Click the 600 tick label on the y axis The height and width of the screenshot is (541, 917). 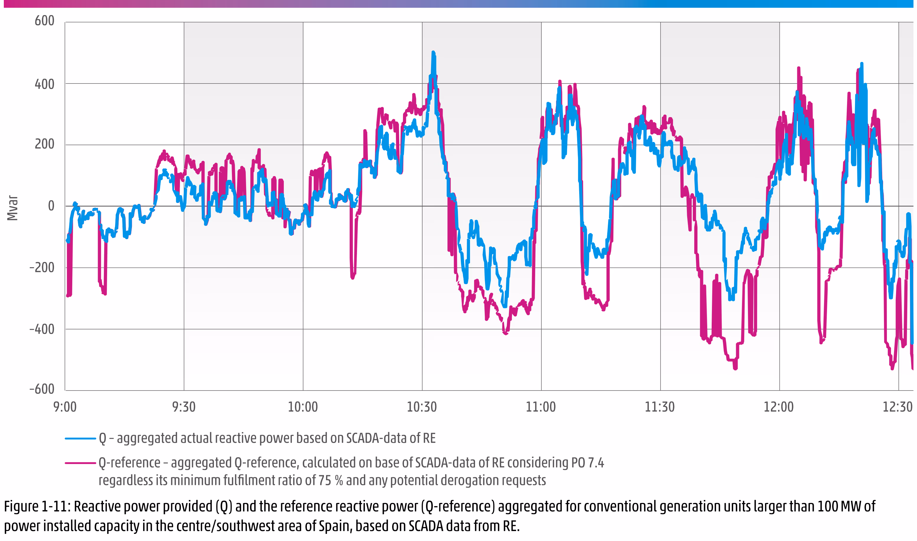(x=45, y=21)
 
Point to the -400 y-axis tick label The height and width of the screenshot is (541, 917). (x=42, y=329)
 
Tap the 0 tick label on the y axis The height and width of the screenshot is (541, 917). (x=51, y=206)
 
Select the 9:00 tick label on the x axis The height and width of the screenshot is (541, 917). (x=65, y=407)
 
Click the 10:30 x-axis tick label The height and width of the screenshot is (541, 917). (x=422, y=407)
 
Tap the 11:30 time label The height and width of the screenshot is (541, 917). (x=660, y=407)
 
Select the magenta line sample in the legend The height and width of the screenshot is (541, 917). (x=80, y=463)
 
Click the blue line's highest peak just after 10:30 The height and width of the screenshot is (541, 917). (x=433, y=53)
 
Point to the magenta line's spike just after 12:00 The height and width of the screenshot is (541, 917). (x=798, y=68)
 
